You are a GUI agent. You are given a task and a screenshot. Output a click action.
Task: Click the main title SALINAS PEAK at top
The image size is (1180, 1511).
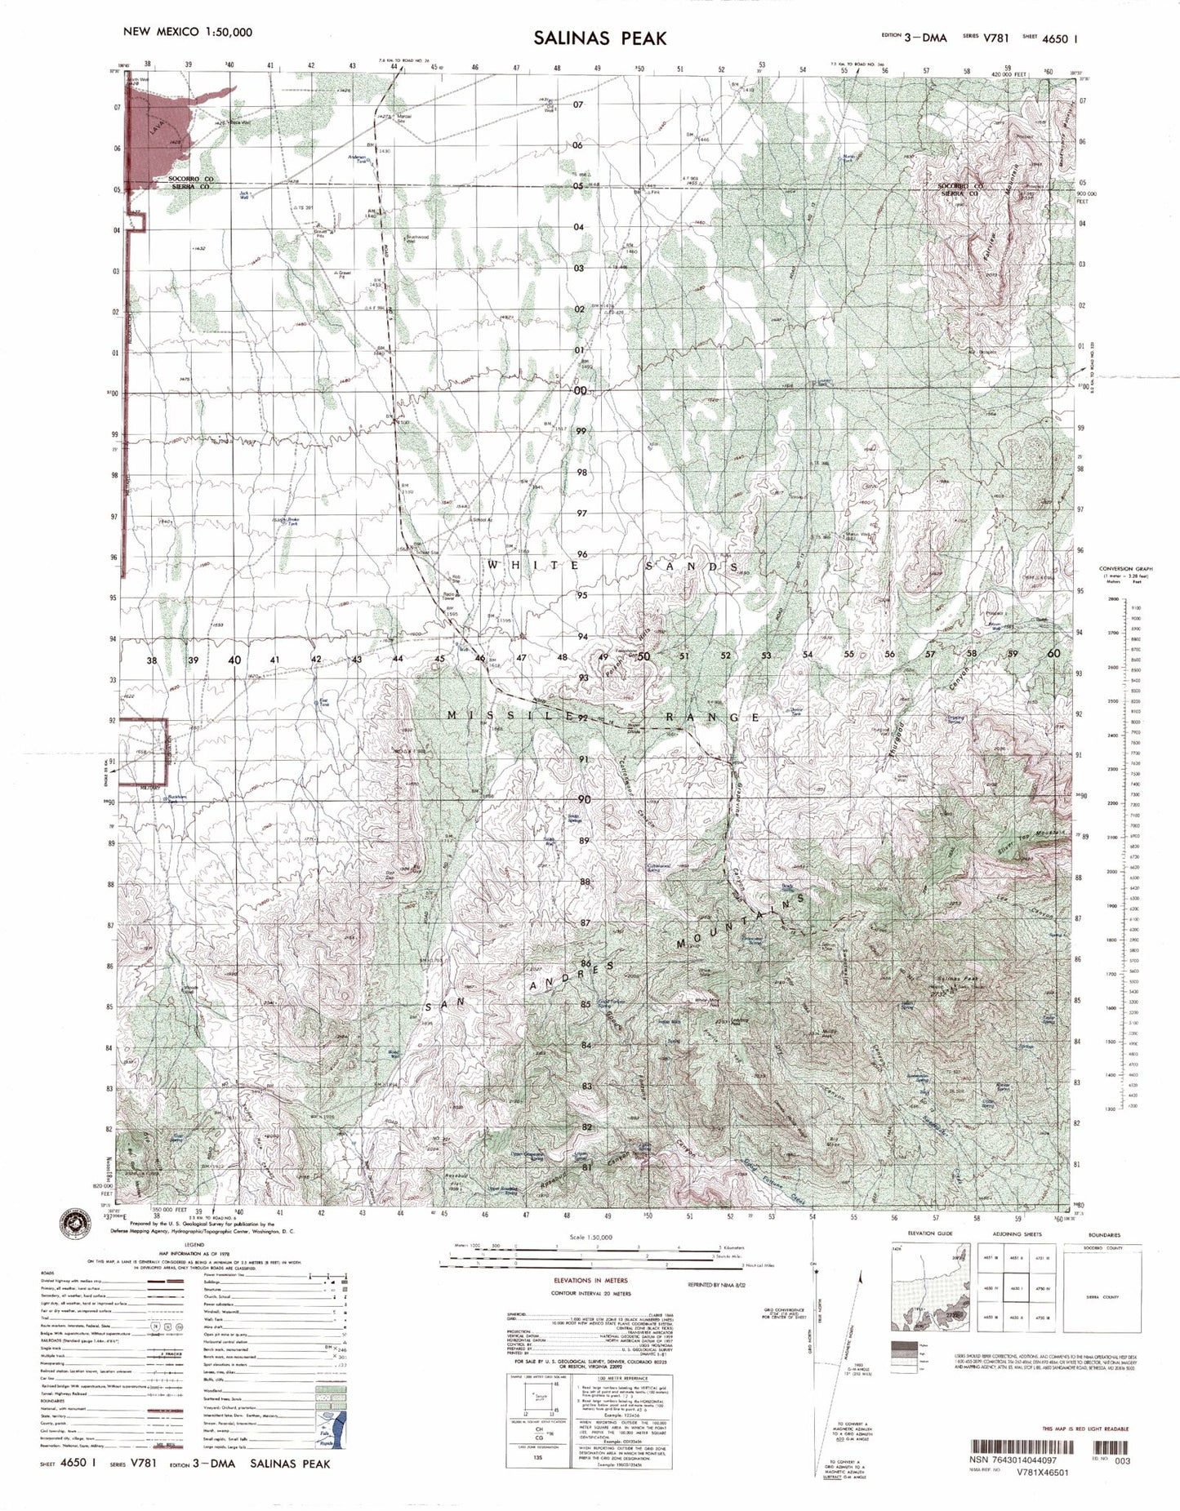pos(600,38)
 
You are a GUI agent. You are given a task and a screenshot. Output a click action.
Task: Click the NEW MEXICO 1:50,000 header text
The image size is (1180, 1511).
pos(187,32)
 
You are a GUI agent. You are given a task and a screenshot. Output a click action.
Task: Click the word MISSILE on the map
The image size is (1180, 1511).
pos(490,716)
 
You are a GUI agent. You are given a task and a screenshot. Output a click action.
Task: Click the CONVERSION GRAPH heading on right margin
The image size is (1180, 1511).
pos(1123,568)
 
